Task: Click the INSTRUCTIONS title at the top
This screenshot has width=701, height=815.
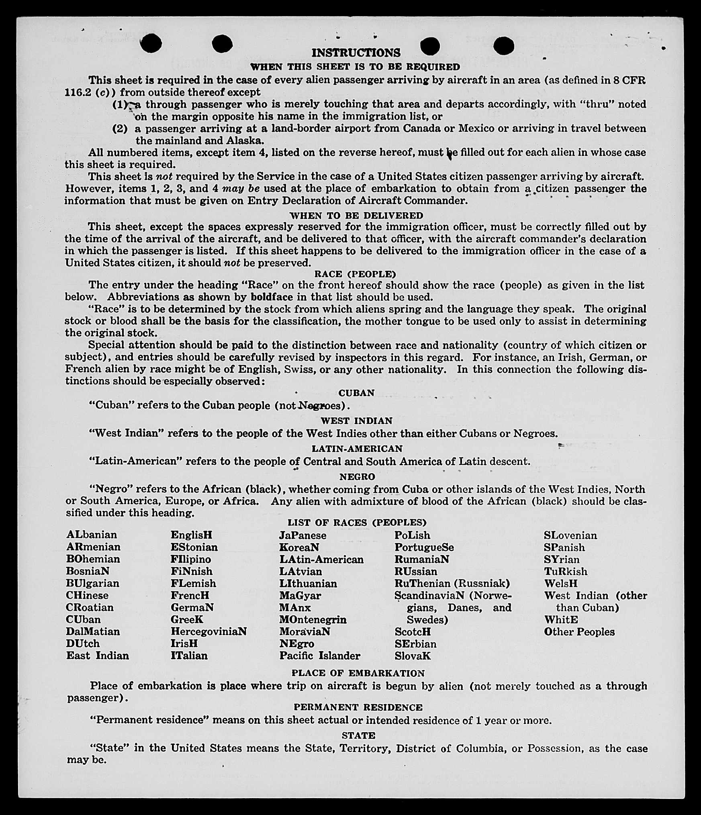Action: click(356, 53)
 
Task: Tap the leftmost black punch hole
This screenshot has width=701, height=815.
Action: click(151, 43)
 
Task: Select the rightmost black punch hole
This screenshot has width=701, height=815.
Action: click(504, 45)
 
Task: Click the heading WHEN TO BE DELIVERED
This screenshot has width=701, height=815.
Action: click(356, 216)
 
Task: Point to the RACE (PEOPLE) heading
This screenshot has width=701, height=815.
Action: click(355, 274)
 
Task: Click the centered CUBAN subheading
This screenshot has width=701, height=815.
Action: click(356, 393)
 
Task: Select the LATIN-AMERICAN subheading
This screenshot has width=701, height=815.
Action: click(357, 449)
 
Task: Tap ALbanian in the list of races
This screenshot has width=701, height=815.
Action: click(92, 535)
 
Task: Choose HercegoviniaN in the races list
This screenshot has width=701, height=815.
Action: click(208, 631)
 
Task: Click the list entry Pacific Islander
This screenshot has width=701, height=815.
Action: click(320, 656)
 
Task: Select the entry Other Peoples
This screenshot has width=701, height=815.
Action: click(579, 632)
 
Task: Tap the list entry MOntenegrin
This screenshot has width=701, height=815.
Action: click(313, 619)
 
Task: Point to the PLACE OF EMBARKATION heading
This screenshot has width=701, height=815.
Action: click(358, 673)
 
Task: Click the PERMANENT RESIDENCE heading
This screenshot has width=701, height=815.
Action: click(358, 707)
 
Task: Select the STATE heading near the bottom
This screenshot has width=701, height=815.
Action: click(358, 735)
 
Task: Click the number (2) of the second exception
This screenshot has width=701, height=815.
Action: click(120, 129)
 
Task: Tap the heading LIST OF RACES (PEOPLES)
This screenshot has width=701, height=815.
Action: click(357, 523)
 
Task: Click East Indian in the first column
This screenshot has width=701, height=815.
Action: click(98, 656)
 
